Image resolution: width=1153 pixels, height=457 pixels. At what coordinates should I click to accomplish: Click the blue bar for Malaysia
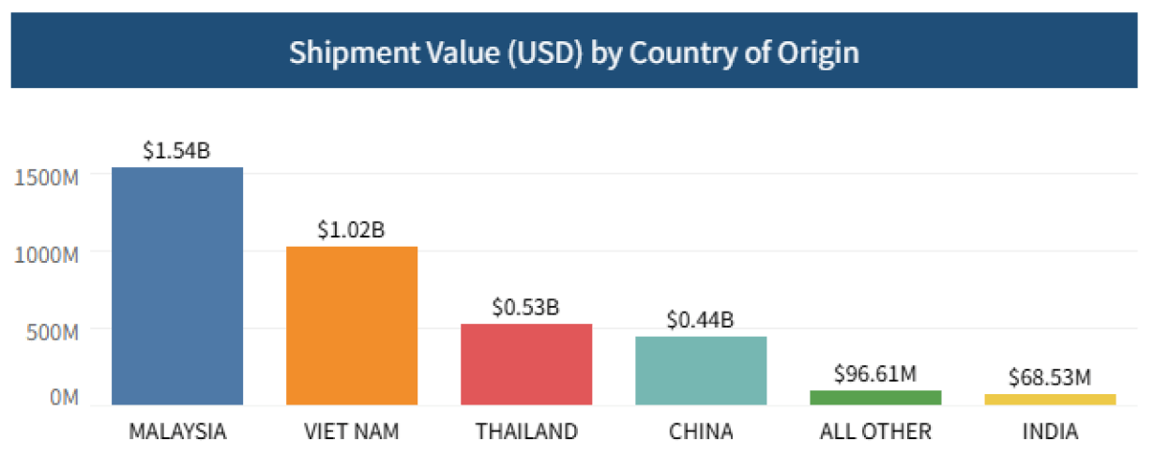point(177,286)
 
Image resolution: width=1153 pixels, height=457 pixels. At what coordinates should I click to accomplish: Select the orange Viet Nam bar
point(352,326)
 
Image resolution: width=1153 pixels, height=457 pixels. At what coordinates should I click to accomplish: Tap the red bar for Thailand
point(526,364)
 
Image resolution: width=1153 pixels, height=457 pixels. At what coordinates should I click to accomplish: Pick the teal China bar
point(701,371)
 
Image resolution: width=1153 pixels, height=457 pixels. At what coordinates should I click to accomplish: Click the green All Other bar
point(875,398)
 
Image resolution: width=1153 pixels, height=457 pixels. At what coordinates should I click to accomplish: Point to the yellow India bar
point(1050,400)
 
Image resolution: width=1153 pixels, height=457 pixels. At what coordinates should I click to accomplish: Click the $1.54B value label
point(177,151)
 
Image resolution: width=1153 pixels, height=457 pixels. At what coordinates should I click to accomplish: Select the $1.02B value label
point(352,230)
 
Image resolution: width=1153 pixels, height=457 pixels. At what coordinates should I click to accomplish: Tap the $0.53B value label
point(526,307)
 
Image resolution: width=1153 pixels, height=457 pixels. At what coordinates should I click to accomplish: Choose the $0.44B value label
point(701,320)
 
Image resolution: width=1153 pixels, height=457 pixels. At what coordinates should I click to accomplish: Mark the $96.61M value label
point(875,373)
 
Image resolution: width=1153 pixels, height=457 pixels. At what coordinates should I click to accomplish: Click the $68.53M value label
point(1050,377)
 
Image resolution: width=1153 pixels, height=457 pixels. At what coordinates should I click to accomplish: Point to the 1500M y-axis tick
point(47,176)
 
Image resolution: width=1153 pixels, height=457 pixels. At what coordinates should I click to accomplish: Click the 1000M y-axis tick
point(47,253)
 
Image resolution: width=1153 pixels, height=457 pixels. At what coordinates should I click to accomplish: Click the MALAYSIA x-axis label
point(177,433)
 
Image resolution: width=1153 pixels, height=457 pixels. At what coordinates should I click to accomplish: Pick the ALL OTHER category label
point(875,433)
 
